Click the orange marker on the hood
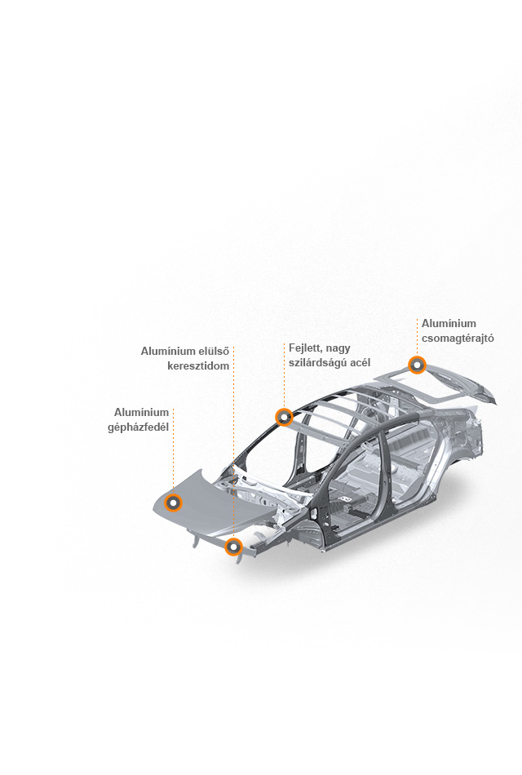click(x=174, y=503)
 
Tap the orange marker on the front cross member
click(x=233, y=547)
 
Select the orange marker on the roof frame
click(x=284, y=417)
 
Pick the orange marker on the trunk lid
click(x=418, y=365)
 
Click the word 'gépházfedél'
click(x=139, y=427)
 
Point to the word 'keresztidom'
click(x=198, y=366)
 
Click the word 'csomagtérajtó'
click(x=458, y=339)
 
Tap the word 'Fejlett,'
click(x=306, y=348)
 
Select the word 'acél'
click(x=360, y=362)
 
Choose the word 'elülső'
click(x=214, y=352)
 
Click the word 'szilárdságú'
click(x=317, y=363)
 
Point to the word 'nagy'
click(x=338, y=349)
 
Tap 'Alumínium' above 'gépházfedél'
click(x=141, y=412)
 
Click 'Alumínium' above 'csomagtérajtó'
click(x=449, y=323)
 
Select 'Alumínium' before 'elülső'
click(x=168, y=352)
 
